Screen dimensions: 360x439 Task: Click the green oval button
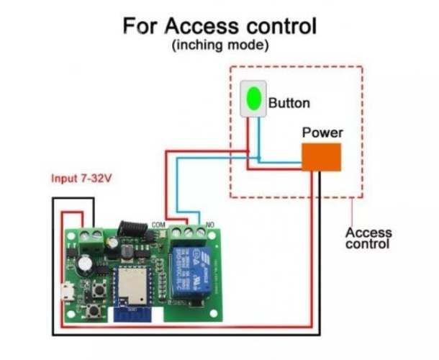(253, 99)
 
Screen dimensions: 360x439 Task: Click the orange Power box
(321, 157)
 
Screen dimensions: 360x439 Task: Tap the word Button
(289, 103)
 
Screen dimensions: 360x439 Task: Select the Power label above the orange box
(322, 132)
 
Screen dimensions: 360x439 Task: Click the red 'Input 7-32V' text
(81, 178)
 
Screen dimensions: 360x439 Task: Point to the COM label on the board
(159, 225)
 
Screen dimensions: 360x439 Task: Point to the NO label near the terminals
(210, 225)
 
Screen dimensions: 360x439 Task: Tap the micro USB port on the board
(66, 294)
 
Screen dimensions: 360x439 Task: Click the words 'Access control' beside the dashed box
(368, 238)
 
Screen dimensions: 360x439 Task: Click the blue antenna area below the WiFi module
(132, 315)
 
